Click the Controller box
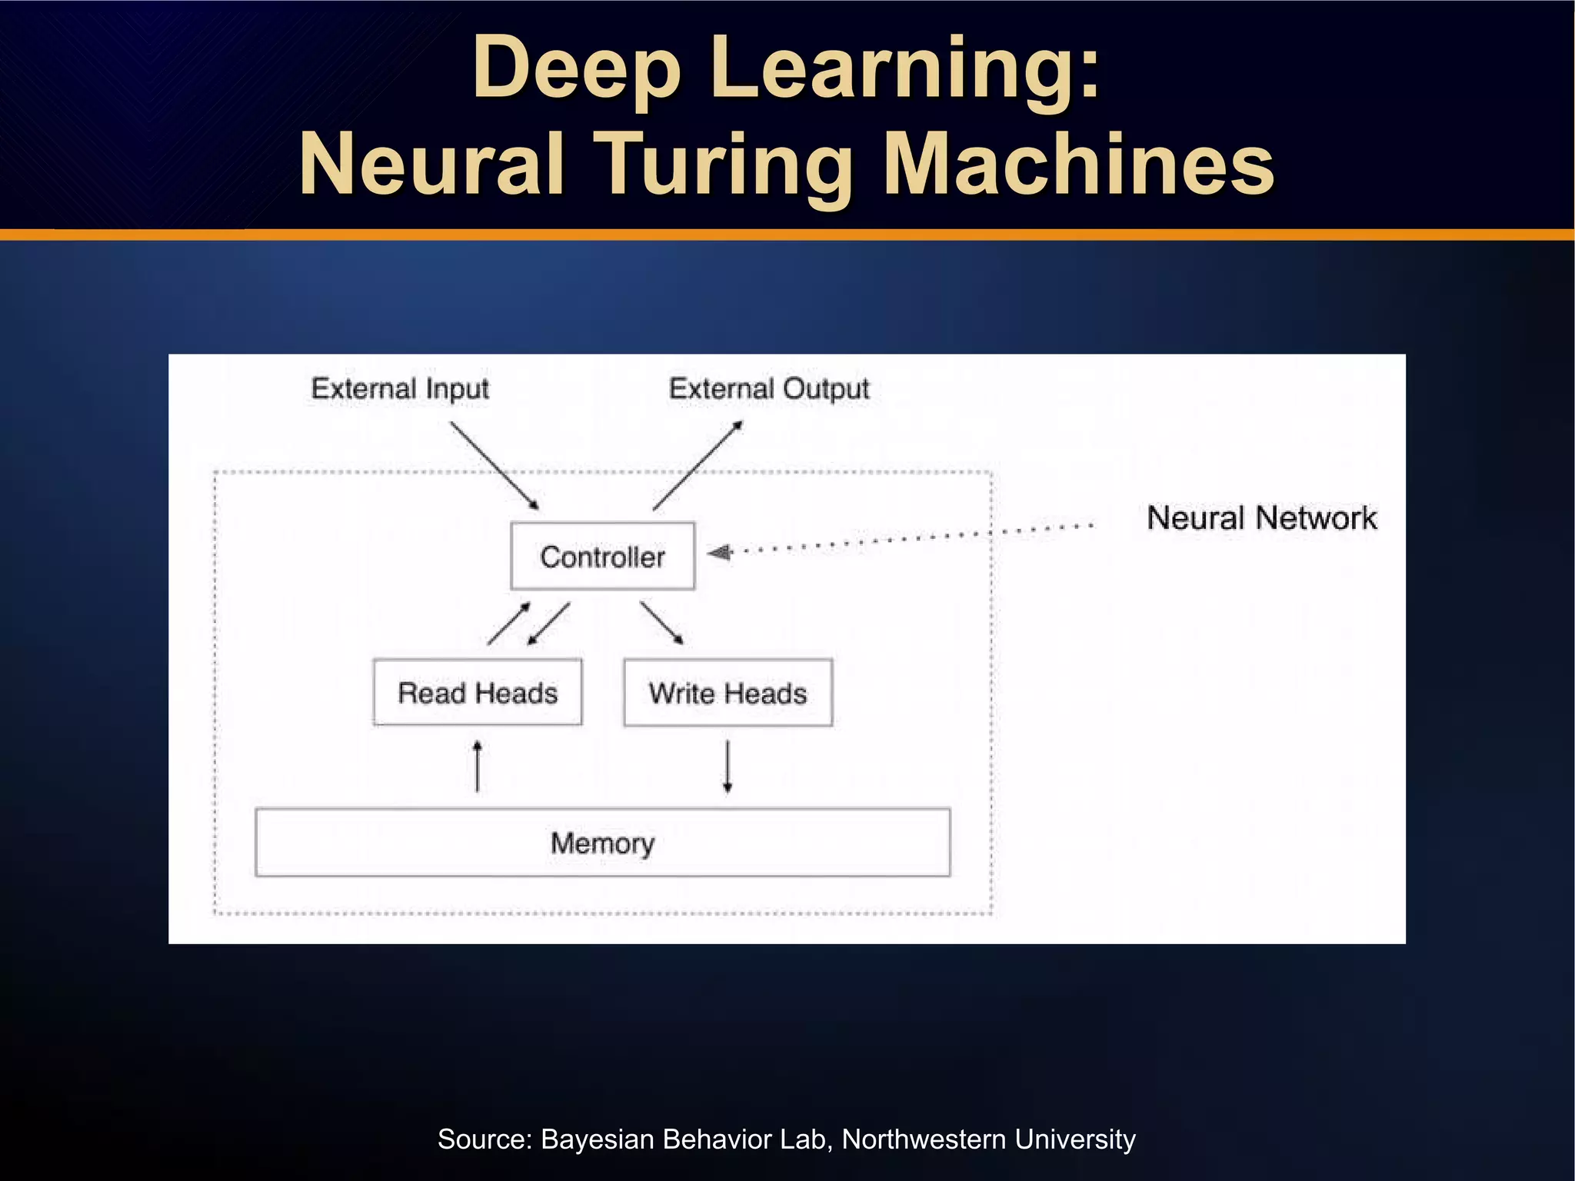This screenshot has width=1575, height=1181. pyautogui.click(x=602, y=557)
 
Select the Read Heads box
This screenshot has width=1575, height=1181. pyautogui.click(x=477, y=693)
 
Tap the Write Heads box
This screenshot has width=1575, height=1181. pyautogui.click(x=728, y=693)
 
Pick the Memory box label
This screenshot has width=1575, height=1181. pyautogui.click(x=602, y=843)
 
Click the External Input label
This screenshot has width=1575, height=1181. pyautogui.click(x=399, y=388)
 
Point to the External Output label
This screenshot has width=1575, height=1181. pyautogui.click(x=768, y=388)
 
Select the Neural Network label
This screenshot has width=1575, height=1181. pyautogui.click(x=1261, y=518)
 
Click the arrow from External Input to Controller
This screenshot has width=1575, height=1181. pyautogui.click(x=494, y=466)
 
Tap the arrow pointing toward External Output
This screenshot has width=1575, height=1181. pyautogui.click(x=698, y=466)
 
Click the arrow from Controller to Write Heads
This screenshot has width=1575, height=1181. pyautogui.click(x=661, y=623)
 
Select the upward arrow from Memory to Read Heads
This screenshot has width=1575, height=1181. pyautogui.click(x=478, y=766)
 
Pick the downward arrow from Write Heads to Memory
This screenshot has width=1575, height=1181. pyautogui.click(x=728, y=766)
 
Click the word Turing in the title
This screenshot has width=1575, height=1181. pyautogui.click(x=726, y=164)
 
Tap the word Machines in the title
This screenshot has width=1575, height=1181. pyautogui.click(x=1078, y=164)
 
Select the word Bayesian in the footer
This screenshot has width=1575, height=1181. pyautogui.click(x=598, y=1139)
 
